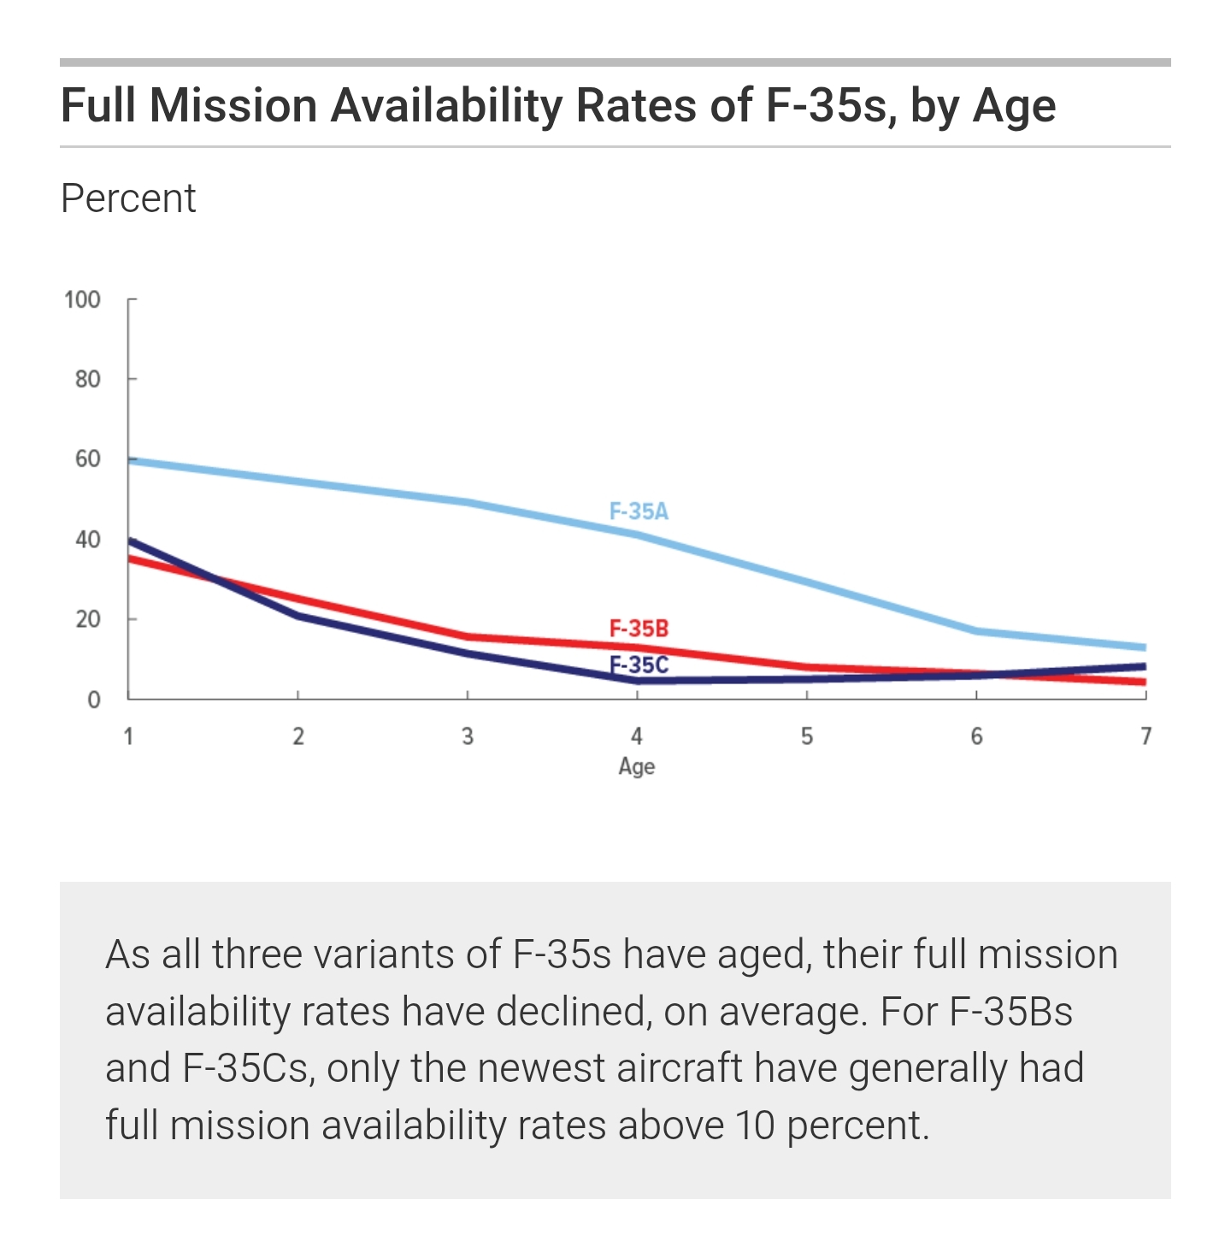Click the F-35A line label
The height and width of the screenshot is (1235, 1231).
(x=639, y=511)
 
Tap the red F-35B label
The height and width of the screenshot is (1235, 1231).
(x=639, y=629)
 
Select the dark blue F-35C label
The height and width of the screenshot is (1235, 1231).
(x=639, y=665)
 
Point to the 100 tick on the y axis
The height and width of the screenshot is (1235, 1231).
(x=82, y=299)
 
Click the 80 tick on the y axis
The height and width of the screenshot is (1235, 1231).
(x=87, y=379)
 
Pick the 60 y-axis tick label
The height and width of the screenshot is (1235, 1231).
(x=87, y=459)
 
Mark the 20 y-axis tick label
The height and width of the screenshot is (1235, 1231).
(x=87, y=619)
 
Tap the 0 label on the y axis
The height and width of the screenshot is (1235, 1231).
(x=93, y=700)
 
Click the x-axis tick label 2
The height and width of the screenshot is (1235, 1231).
(x=298, y=736)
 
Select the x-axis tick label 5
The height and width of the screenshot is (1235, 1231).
(x=807, y=736)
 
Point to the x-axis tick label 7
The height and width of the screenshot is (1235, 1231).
(x=1146, y=736)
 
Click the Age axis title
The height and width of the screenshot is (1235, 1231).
(x=637, y=766)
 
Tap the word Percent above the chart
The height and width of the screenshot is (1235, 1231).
(x=128, y=198)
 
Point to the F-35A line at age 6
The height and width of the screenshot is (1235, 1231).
(x=976, y=631)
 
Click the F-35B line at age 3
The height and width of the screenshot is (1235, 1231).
(x=468, y=636)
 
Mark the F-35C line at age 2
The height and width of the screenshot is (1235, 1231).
(x=298, y=616)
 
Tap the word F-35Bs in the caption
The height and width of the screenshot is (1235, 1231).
(x=1011, y=1012)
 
